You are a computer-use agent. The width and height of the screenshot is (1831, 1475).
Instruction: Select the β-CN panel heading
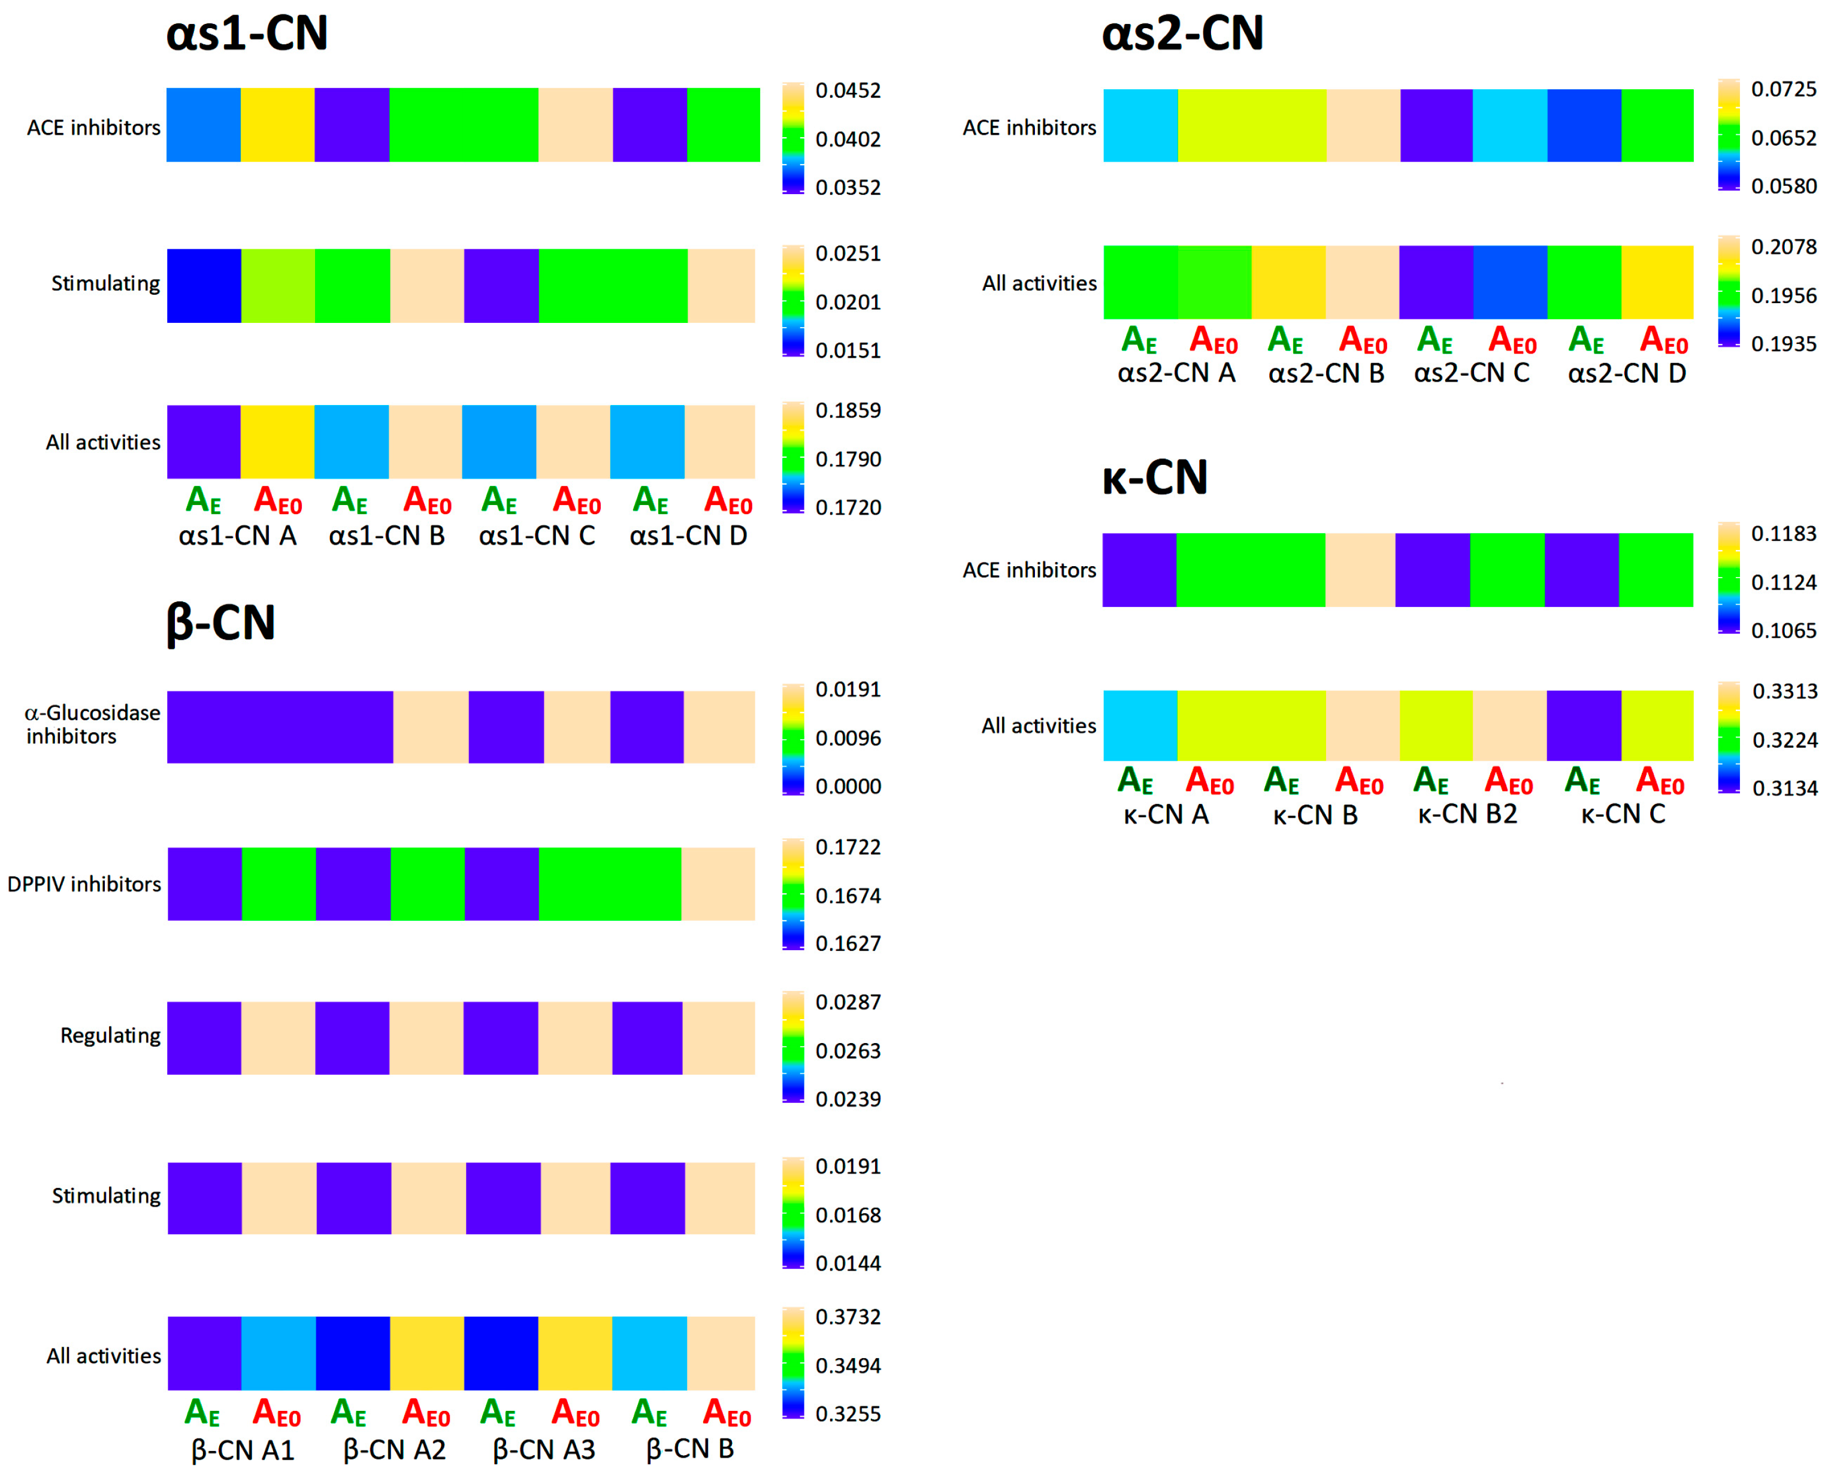221,623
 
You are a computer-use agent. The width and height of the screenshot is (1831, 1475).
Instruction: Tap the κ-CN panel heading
1154,477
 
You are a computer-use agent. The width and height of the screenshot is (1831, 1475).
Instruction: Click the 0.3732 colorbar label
848,1317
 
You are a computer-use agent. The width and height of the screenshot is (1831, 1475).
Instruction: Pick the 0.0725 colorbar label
1784,89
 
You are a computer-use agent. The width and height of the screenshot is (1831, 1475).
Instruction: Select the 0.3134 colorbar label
1784,788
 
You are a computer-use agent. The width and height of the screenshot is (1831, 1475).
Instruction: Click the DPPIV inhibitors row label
84,884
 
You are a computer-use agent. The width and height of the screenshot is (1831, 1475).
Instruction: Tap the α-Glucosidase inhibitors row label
92,725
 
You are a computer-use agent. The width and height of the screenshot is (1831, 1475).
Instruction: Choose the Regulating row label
110,1036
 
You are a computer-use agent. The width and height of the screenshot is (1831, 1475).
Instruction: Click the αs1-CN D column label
688,536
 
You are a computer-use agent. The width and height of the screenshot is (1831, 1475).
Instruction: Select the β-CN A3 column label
543,1449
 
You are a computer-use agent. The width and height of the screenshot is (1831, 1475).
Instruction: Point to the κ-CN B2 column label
1467,815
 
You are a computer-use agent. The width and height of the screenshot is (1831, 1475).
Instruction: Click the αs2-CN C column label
1471,373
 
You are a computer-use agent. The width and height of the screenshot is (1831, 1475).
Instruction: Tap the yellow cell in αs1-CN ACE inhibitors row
278,125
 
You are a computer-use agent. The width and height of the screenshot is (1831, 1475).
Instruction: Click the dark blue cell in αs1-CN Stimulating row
204,286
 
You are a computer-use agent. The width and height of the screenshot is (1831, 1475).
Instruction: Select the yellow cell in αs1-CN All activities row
278,442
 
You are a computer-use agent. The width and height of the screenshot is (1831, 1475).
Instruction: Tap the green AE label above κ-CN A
1136,781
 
